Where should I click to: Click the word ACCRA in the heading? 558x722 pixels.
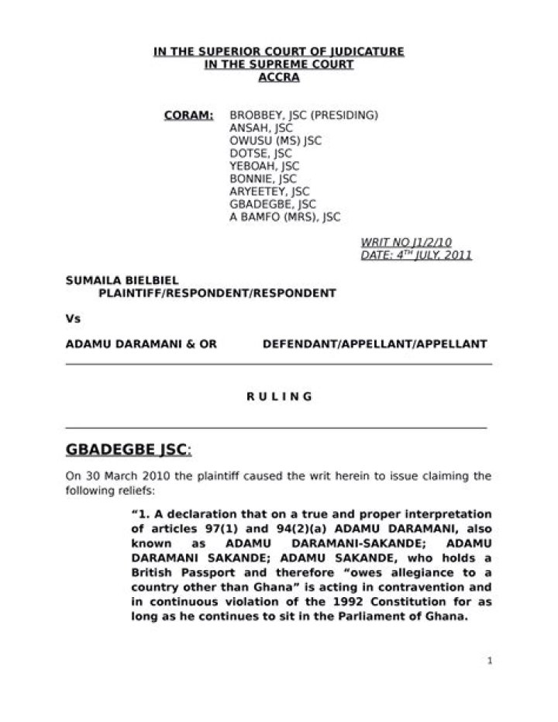point(278,78)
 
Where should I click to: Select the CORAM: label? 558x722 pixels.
point(189,116)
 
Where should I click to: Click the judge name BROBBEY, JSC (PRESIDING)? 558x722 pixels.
point(303,116)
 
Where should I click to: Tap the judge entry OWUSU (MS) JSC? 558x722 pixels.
point(275,141)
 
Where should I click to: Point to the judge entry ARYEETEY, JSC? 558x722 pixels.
point(269,192)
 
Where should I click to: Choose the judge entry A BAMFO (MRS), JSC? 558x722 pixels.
point(284,217)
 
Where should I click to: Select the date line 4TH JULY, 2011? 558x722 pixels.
point(416,255)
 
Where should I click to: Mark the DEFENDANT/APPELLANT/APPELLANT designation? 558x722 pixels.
point(374,343)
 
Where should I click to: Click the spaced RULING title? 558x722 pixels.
point(279,396)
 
